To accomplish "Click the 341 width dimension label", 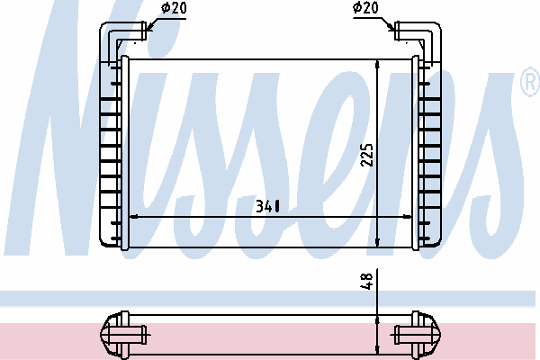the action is pyautogui.click(x=267, y=206).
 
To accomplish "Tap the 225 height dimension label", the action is pyautogui.click(x=366, y=155).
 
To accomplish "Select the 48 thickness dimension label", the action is pyautogui.click(x=366, y=281).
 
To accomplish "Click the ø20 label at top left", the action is pyautogui.click(x=174, y=7).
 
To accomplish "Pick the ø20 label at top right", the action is pyautogui.click(x=365, y=7).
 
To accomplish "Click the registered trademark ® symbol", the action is pyautogui.click(x=531, y=82).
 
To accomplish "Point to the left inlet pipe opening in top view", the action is pyautogui.click(x=145, y=31).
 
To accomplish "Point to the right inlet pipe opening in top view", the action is pyautogui.click(x=396, y=31).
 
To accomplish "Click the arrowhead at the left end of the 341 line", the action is pyautogui.click(x=134, y=217).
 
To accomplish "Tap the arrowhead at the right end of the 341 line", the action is pyautogui.click(x=407, y=217).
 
